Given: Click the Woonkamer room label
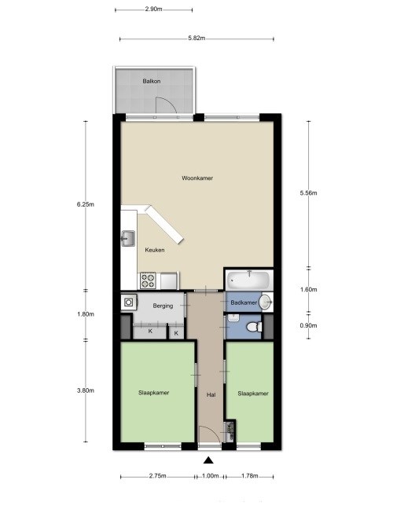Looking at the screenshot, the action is pos(197,178).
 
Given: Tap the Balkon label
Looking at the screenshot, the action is pos(152,81).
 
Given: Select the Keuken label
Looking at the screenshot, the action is pos(155,250).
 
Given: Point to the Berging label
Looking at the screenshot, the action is pos(163,306).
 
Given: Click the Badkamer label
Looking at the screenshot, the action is pos(244,302).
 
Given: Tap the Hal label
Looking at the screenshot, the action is pos(211,395).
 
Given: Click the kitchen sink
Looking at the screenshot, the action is pos(128,239).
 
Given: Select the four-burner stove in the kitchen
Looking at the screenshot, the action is pos(148,280).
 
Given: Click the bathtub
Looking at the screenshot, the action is pos(248,280).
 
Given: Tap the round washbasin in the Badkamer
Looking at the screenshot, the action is pos(266,302).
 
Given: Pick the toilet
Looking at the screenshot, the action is pos(255,327).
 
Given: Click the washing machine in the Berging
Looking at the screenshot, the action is pos(129,302).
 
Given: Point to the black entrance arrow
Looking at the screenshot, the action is pos(209,460).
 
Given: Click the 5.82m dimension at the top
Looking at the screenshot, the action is pos(196,38).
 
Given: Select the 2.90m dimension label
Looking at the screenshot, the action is pos(153,9).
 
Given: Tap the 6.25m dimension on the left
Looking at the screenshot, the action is pos(86,204).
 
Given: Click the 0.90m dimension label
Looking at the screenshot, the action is pos(308,325).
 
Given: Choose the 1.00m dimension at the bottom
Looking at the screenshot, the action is pos(210,476).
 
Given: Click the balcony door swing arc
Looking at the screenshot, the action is pos(169,102).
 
